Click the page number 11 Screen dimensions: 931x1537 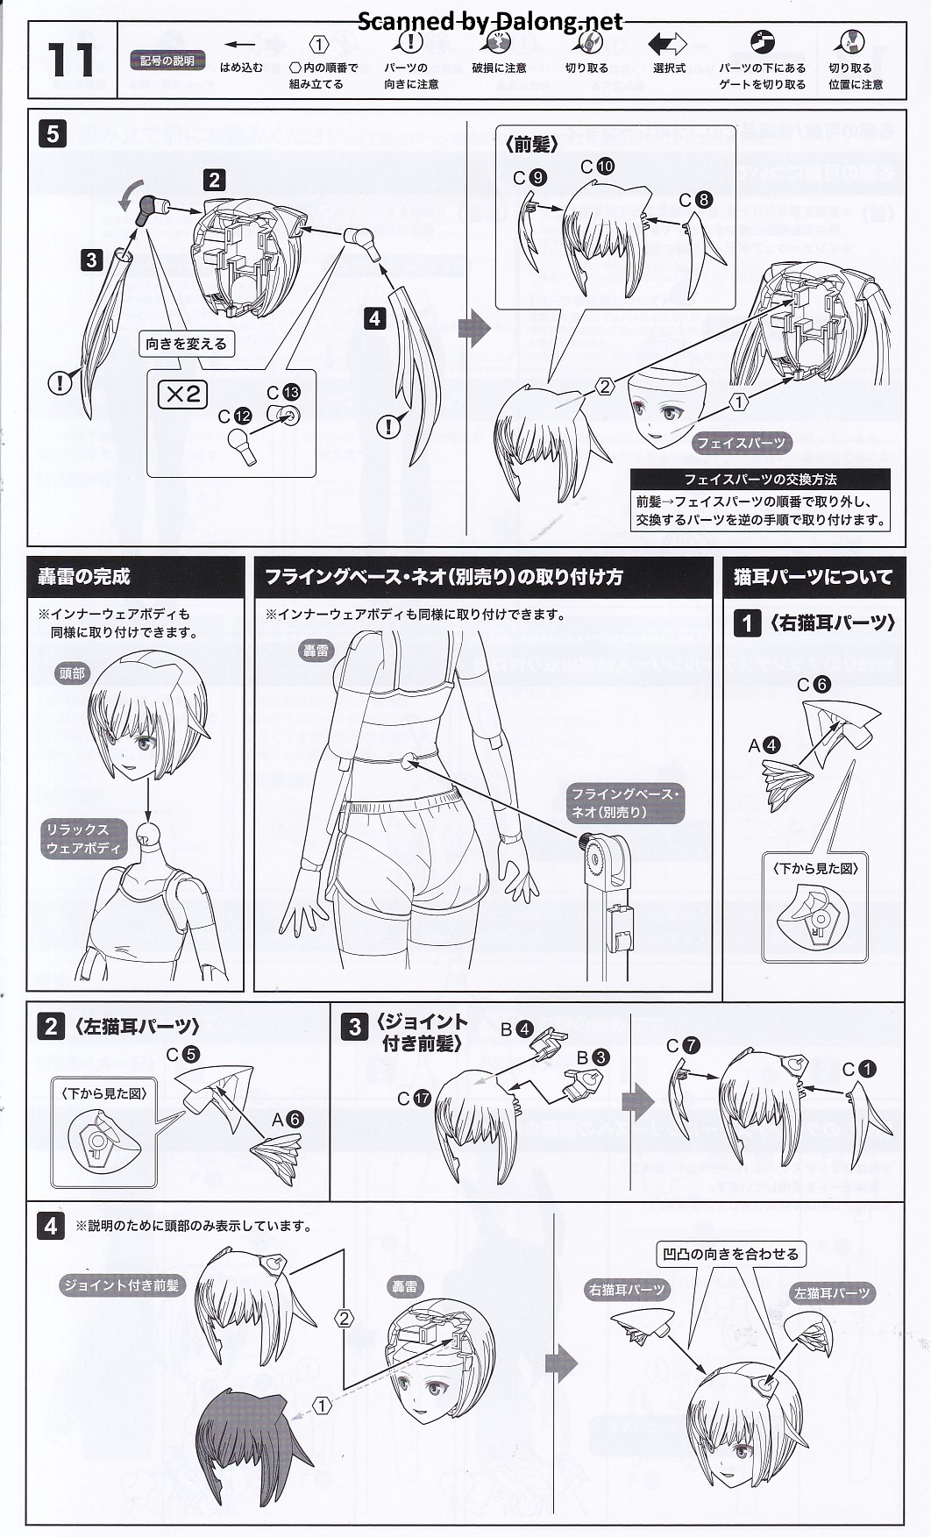70,60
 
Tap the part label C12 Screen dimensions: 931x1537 235,416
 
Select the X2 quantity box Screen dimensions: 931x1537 182,395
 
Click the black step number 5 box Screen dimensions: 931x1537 53,133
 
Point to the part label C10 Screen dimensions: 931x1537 598,167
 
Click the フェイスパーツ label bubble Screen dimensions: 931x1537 741,443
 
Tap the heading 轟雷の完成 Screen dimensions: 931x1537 84,576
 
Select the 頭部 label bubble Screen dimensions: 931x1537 73,673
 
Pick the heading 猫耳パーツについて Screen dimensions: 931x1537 813,577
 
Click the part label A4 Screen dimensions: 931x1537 764,745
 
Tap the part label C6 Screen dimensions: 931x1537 814,685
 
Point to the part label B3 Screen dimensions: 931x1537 592,1057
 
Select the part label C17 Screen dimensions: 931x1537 414,1098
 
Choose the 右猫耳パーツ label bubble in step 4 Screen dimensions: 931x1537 628,1290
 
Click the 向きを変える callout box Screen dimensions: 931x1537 187,344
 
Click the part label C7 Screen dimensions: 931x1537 683,1045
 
